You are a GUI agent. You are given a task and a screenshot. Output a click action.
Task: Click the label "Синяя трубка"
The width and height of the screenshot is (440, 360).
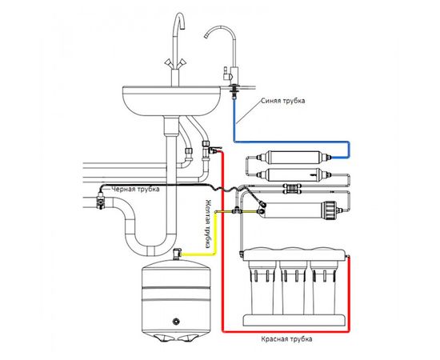pyautogui.click(x=282, y=101)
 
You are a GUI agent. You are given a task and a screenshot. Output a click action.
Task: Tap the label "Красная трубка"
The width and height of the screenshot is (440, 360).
pyautogui.click(x=286, y=339)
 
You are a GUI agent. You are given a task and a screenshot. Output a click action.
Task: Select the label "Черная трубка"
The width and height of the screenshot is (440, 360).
pyautogui.click(x=136, y=189)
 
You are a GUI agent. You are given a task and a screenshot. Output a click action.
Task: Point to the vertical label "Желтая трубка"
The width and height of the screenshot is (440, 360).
pyautogui.click(x=208, y=224)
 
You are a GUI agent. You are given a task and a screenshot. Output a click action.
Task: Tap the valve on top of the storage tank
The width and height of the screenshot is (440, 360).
pyautogui.click(x=177, y=254)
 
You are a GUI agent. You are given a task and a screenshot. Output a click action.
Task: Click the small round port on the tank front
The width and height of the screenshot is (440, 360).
pyautogui.click(x=176, y=321)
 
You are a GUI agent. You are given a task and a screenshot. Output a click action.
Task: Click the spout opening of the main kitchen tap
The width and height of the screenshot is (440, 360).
pyautogui.click(x=182, y=27)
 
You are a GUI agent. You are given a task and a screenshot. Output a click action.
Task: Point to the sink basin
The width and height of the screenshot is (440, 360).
pyautogui.click(x=172, y=101)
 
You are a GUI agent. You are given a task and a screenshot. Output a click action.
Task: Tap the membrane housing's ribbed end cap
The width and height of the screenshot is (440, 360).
pyautogui.click(x=330, y=210)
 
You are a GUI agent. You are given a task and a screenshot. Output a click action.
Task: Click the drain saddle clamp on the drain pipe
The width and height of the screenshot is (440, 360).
pyautogui.click(x=100, y=201)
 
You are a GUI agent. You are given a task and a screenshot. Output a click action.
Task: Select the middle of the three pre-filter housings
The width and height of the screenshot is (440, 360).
pyautogui.click(x=294, y=286)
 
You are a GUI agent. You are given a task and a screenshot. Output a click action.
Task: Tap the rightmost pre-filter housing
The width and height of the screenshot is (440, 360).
pyautogui.click(x=324, y=286)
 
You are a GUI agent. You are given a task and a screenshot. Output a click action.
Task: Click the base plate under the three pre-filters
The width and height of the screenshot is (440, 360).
pyautogui.click(x=294, y=320)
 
